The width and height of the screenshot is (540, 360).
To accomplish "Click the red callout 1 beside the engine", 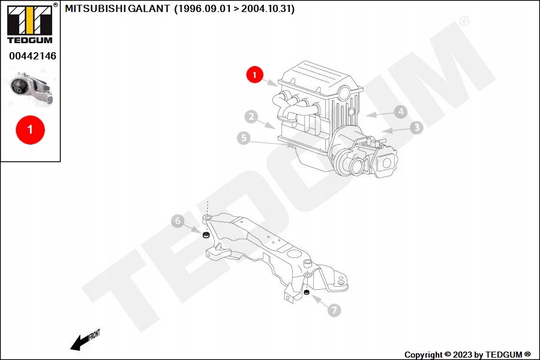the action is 254,74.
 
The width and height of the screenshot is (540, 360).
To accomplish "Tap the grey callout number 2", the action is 251,117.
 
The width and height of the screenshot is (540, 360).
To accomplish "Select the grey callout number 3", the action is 416,127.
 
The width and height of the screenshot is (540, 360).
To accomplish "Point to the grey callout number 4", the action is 401,112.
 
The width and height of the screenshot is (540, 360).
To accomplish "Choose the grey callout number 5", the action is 244,138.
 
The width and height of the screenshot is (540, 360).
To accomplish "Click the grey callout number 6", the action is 178,221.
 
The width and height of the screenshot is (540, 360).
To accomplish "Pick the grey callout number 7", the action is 334,310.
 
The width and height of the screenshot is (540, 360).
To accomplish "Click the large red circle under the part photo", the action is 31,130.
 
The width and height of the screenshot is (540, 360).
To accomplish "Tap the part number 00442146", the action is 32,56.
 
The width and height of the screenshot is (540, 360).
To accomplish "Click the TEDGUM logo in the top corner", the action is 31,23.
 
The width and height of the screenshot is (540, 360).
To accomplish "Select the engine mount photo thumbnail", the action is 31,89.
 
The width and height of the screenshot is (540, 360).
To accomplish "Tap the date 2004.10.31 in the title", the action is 266,8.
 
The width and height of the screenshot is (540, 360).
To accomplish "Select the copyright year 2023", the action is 463,355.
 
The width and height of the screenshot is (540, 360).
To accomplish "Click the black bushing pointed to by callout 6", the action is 206,236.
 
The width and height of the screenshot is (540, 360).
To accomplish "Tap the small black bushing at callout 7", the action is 307,292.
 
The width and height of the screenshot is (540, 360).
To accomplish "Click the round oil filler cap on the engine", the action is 344,92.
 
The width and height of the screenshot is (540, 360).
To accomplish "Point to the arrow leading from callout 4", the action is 380,114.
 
